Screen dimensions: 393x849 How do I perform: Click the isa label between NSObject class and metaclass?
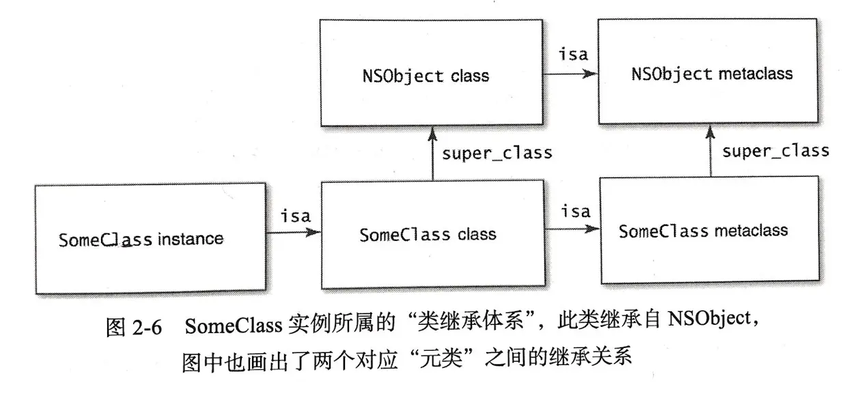click(573, 54)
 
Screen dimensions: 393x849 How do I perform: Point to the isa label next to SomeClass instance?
click(295, 216)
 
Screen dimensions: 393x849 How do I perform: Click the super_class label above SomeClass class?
click(497, 153)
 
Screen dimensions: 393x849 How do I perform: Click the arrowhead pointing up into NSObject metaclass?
click(712, 130)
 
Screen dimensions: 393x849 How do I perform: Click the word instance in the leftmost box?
click(191, 239)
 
